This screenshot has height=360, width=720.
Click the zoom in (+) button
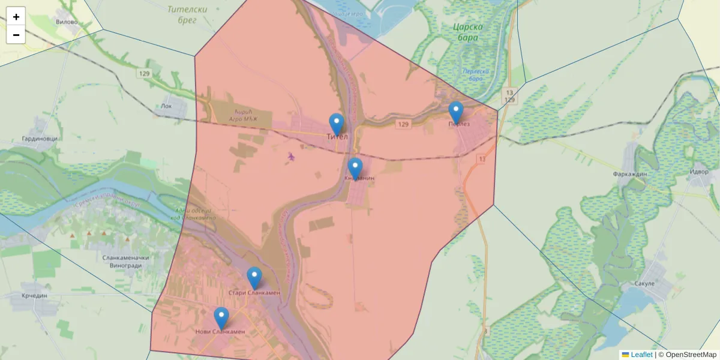point(16,17)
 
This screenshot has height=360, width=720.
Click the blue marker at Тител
point(337,125)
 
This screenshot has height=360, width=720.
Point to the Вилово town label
point(66,22)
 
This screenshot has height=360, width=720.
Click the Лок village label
point(166,106)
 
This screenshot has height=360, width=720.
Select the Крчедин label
point(34,296)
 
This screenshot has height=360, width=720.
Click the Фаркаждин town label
point(629,174)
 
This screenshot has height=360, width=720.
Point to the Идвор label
point(700,172)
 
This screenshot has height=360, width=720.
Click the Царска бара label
point(466,32)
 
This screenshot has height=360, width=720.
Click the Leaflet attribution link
point(641,355)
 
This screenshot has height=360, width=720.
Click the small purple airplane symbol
point(292,157)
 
